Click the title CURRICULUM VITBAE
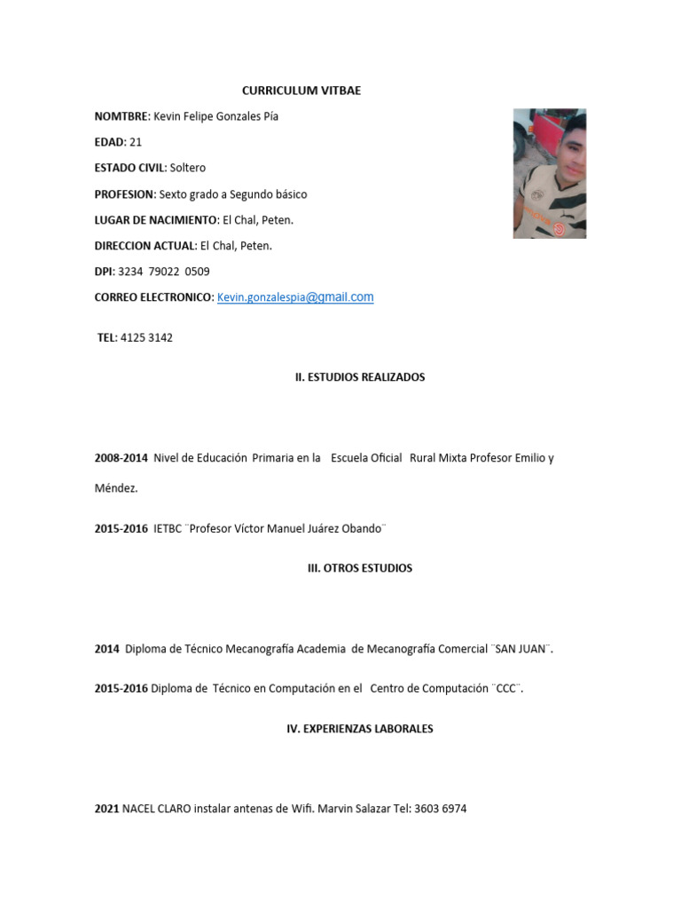pos(301,91)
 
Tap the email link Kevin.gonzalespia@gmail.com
pos(295,297)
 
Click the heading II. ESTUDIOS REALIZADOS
pos(360,377)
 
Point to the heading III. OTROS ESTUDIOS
pos(360,568)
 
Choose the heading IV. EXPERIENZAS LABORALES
pos(360,729)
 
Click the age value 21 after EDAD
pos(135,142)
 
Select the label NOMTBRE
pos(121,116)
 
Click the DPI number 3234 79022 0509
pos(164,272)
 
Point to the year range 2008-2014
pos(121,458)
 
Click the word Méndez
pos(116,488)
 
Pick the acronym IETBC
pos(168,528)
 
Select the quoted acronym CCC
pos(506,688)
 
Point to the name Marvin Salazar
pos(354,809)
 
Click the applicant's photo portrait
pos(550,173)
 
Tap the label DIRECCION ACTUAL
pos(145,246)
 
